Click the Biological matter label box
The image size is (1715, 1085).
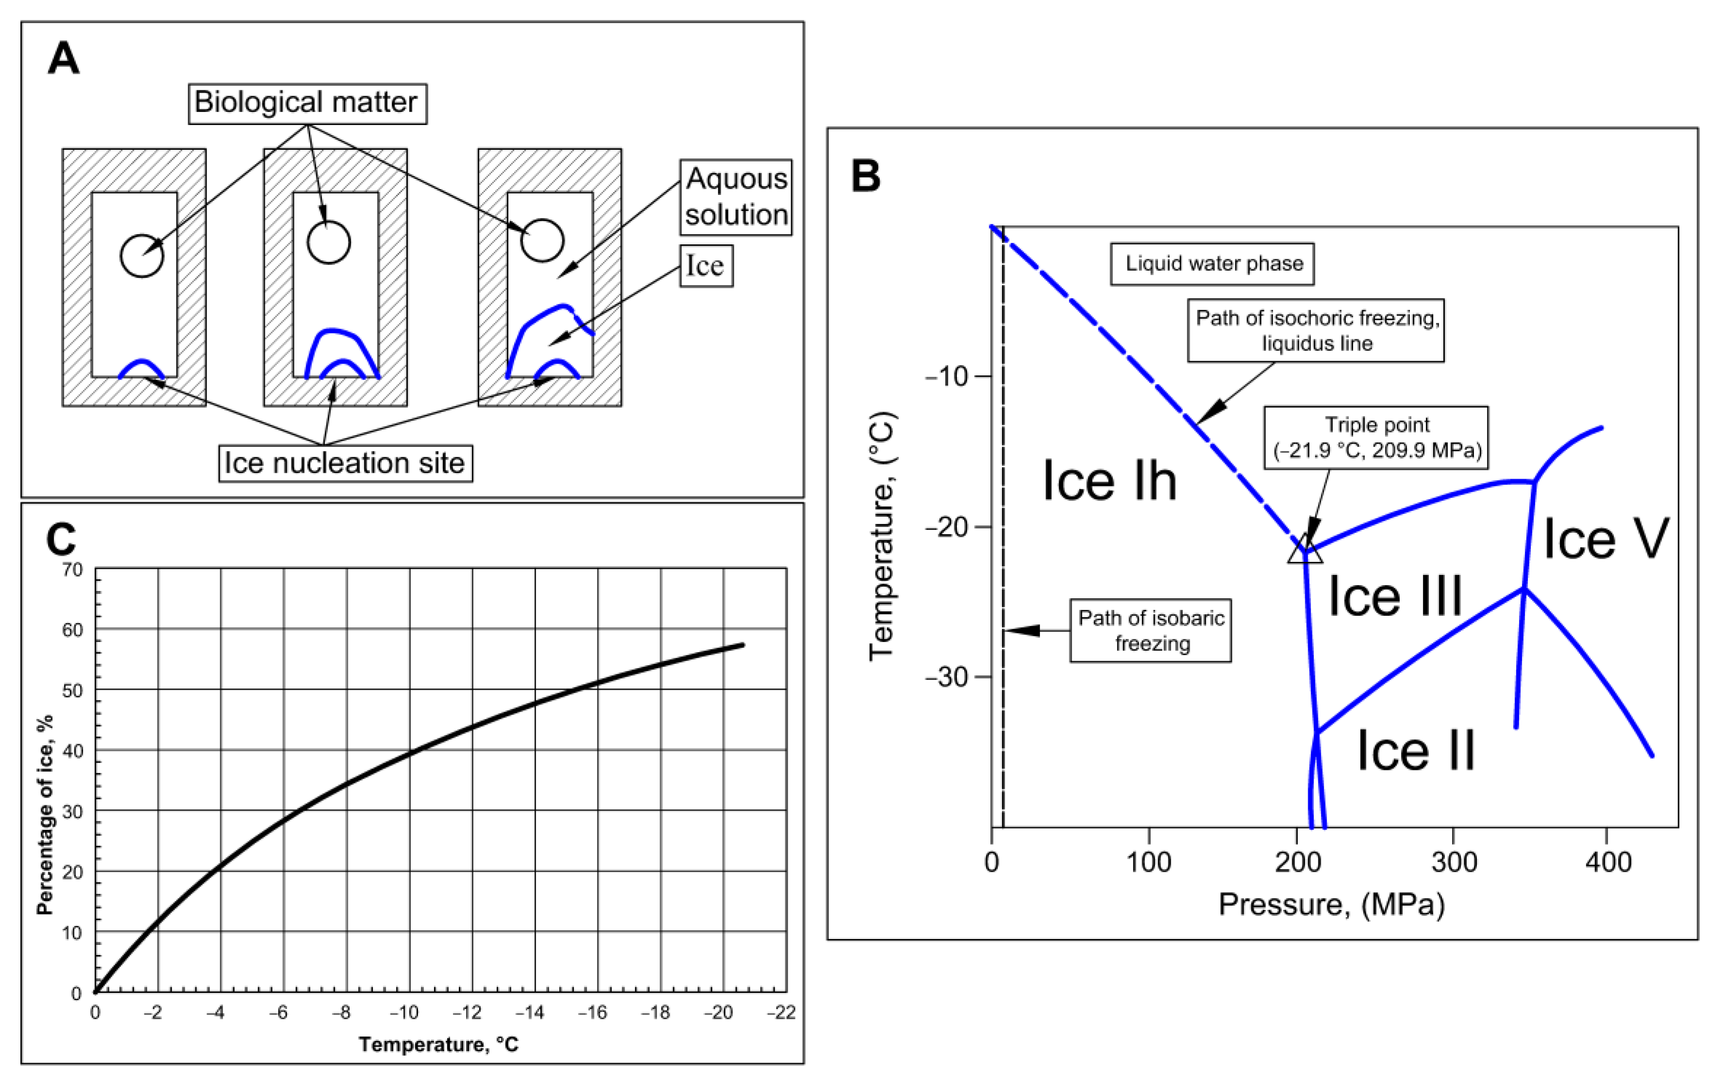pos(307,103)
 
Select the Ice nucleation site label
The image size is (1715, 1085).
pos(345,463)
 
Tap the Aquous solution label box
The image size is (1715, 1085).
pos(736,197)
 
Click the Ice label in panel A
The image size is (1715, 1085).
pos(705,266)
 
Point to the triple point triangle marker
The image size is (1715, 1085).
pos(1305,550)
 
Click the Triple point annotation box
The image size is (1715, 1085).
pos(1376,437)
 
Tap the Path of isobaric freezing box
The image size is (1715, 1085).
pos(1150,630)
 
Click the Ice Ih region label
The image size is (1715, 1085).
pos(1108,481)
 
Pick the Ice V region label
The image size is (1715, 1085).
pos(1605,539)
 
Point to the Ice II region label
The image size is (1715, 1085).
pos(1415,750)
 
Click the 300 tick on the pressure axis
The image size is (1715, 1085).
pos(1454,862)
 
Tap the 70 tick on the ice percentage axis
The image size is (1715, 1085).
pos(73,570)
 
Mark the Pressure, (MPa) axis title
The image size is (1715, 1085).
pos(1331,904)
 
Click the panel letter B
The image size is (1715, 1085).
pos(866,176)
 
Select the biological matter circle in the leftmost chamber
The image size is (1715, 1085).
pos(142,255)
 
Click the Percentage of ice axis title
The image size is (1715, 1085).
pos(45,815)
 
